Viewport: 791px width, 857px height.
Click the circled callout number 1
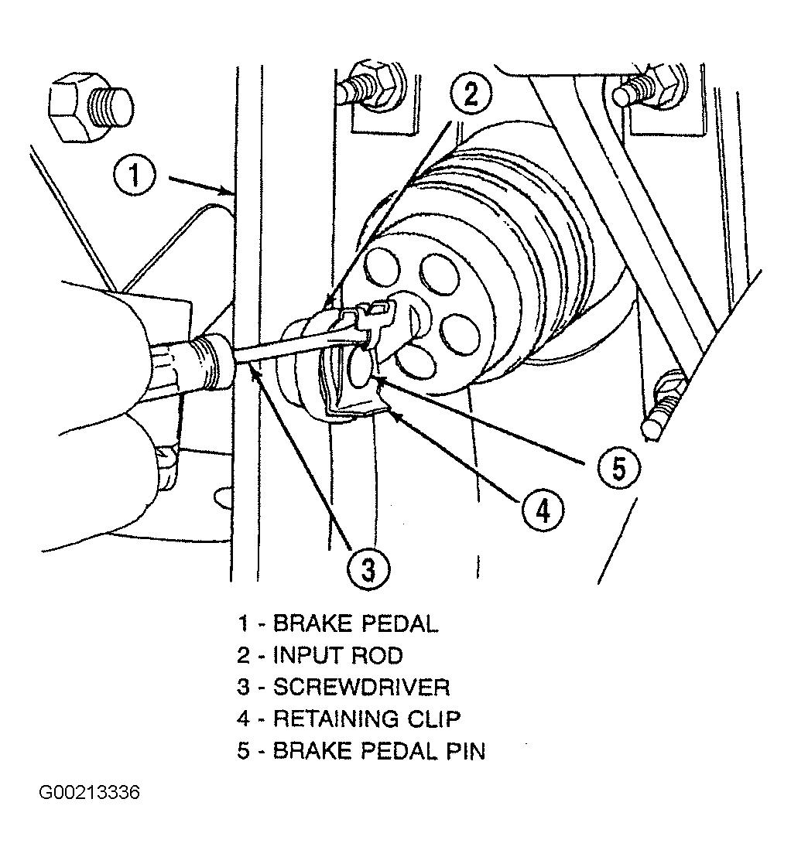point(135,175)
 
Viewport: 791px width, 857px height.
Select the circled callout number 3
point(368,570)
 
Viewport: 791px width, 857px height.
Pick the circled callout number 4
point(543,510)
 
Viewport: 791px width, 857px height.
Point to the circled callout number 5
point(618,468)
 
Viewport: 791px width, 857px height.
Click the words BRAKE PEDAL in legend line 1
point(355,623)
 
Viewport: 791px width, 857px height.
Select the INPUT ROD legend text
point(337,655)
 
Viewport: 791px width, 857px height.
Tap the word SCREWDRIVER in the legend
point(361,687)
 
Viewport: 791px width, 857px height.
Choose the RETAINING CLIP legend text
point(367,719)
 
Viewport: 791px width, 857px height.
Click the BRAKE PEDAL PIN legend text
point(379,751)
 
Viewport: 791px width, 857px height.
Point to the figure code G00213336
point(89,793)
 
